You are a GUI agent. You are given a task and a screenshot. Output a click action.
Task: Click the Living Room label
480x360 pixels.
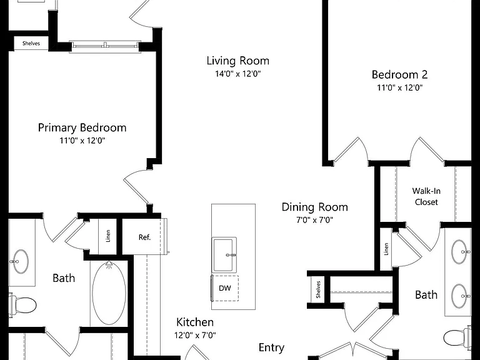tap(238, 61)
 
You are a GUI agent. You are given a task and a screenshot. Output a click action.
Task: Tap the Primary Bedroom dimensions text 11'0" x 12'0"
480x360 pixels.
tap(82, 141)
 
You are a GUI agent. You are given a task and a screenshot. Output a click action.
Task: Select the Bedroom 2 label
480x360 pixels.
tap(399, 74)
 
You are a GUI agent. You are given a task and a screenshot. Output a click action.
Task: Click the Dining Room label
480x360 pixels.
tap(315, 207)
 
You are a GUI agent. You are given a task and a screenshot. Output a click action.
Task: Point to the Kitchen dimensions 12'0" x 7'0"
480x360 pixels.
tap(195, 335)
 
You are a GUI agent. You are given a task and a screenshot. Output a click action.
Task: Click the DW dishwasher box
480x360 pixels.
tap(225, 288)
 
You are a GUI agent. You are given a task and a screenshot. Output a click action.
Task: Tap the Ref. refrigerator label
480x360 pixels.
tap(144, 237)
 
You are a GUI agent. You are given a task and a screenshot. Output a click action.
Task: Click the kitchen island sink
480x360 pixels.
tap(225, 255)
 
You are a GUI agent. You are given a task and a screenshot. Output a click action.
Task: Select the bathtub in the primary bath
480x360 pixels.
tap(109, 292)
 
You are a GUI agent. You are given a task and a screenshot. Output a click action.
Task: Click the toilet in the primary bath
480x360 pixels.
tap(22, 305)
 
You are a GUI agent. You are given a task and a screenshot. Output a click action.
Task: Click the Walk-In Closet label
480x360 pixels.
tap(426, 196)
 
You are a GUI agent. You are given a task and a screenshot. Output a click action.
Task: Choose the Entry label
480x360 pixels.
tap(271, 347)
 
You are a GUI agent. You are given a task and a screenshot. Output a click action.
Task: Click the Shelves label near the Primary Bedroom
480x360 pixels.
tap(31, 44)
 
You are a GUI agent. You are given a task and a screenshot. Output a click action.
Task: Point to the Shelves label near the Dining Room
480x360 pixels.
tap(318, 289)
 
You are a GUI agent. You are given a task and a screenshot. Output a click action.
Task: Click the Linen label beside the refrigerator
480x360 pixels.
tap(107, 236)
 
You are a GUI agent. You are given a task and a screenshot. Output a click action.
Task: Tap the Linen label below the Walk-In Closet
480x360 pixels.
tap(386, 249)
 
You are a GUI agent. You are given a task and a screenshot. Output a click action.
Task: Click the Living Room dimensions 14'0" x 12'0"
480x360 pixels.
tap(238, 74)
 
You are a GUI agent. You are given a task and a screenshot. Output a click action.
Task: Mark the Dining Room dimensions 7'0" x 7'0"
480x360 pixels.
tap(315, 220)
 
